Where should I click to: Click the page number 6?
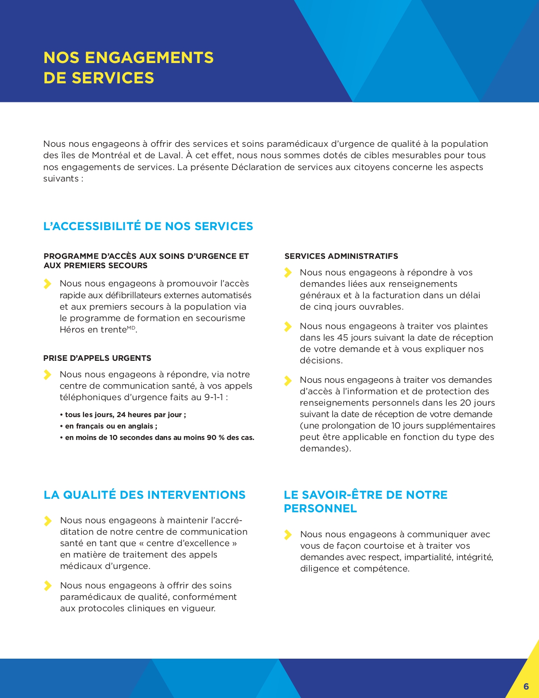coord(526,686)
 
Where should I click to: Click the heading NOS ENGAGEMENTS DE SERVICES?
coord(129,68)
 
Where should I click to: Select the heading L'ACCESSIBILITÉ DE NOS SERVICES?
coord(148,226)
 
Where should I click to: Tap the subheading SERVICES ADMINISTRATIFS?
coord(341,256)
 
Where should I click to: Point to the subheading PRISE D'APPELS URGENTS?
coord(97,358)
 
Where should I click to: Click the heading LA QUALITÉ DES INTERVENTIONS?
coord(145,495)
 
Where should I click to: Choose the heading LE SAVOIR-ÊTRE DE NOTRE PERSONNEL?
coord(365,501)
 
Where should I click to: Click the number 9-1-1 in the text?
coord(213,397)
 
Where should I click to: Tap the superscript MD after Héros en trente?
coord(131,328)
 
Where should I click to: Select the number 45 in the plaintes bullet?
coord(342,338)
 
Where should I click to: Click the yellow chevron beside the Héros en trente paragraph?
coord(48,283)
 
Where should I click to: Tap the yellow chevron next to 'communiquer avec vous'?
coord(288,535)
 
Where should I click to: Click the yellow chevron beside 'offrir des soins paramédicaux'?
coord(48,585)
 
